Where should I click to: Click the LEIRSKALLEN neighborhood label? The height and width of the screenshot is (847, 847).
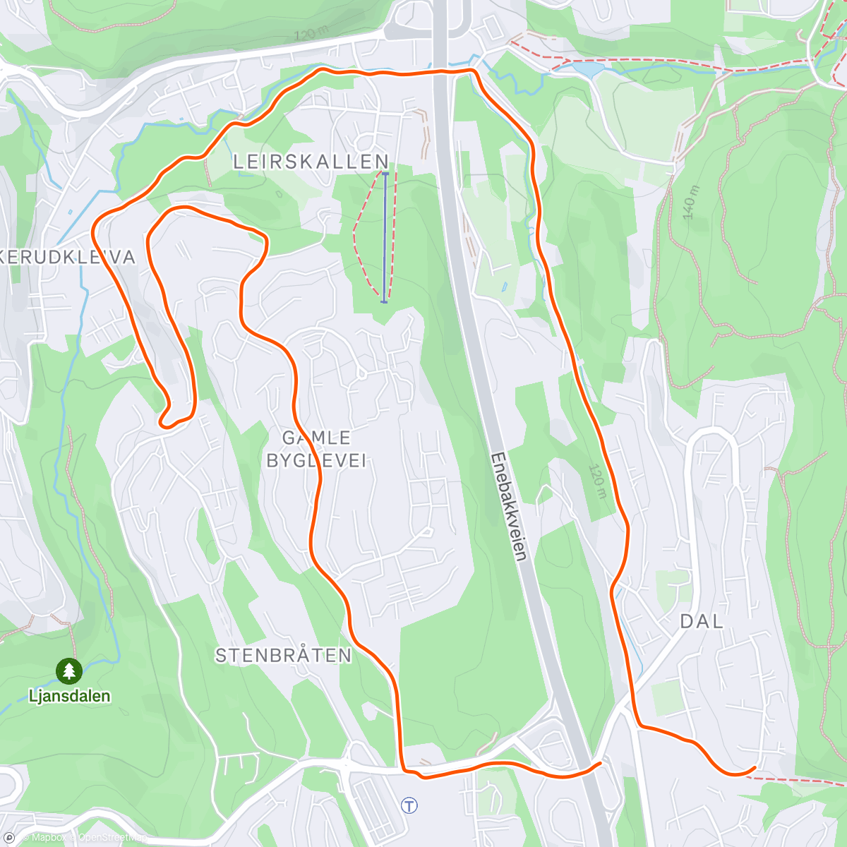coord(311,162)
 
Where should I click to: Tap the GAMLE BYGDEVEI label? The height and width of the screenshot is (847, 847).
coord(316,450)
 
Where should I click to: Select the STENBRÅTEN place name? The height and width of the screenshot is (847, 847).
coord(283,656)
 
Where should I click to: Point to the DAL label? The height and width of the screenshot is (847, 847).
coord(701,622)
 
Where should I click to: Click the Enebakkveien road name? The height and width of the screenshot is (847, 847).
coord(508,507)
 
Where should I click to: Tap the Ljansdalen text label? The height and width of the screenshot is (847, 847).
coord(69,696)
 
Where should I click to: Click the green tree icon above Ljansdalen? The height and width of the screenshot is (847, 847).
coord(68,671)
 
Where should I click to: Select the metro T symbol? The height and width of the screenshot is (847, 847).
coord(409,805)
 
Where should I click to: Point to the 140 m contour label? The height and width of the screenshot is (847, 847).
coord(692,202)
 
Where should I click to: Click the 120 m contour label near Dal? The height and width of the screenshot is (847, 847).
coord(598,481)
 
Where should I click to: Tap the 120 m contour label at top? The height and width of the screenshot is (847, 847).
coord(311,34)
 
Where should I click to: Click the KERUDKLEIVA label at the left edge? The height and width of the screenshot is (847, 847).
coord(67,258)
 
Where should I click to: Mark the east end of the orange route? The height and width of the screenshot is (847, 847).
coord(755,768)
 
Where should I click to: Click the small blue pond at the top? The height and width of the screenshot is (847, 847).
coord(589,70)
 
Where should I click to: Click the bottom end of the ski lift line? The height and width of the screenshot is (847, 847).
coord(384,301)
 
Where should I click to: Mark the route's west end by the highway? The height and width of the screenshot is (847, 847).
coord(599,763)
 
